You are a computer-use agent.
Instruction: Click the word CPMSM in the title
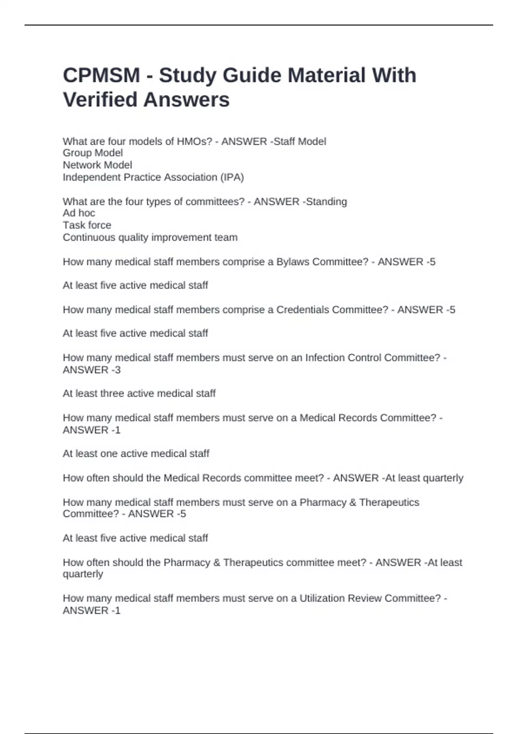pos(101,76)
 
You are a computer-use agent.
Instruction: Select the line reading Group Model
pos(93,153)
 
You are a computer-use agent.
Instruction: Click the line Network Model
pos(98,165)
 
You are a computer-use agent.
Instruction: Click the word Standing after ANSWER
pos(326,202)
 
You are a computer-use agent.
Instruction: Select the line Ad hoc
pos(79,213)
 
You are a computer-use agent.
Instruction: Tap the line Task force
pos(87,225)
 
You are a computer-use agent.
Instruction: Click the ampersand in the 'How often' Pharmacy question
pos(217,563)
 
